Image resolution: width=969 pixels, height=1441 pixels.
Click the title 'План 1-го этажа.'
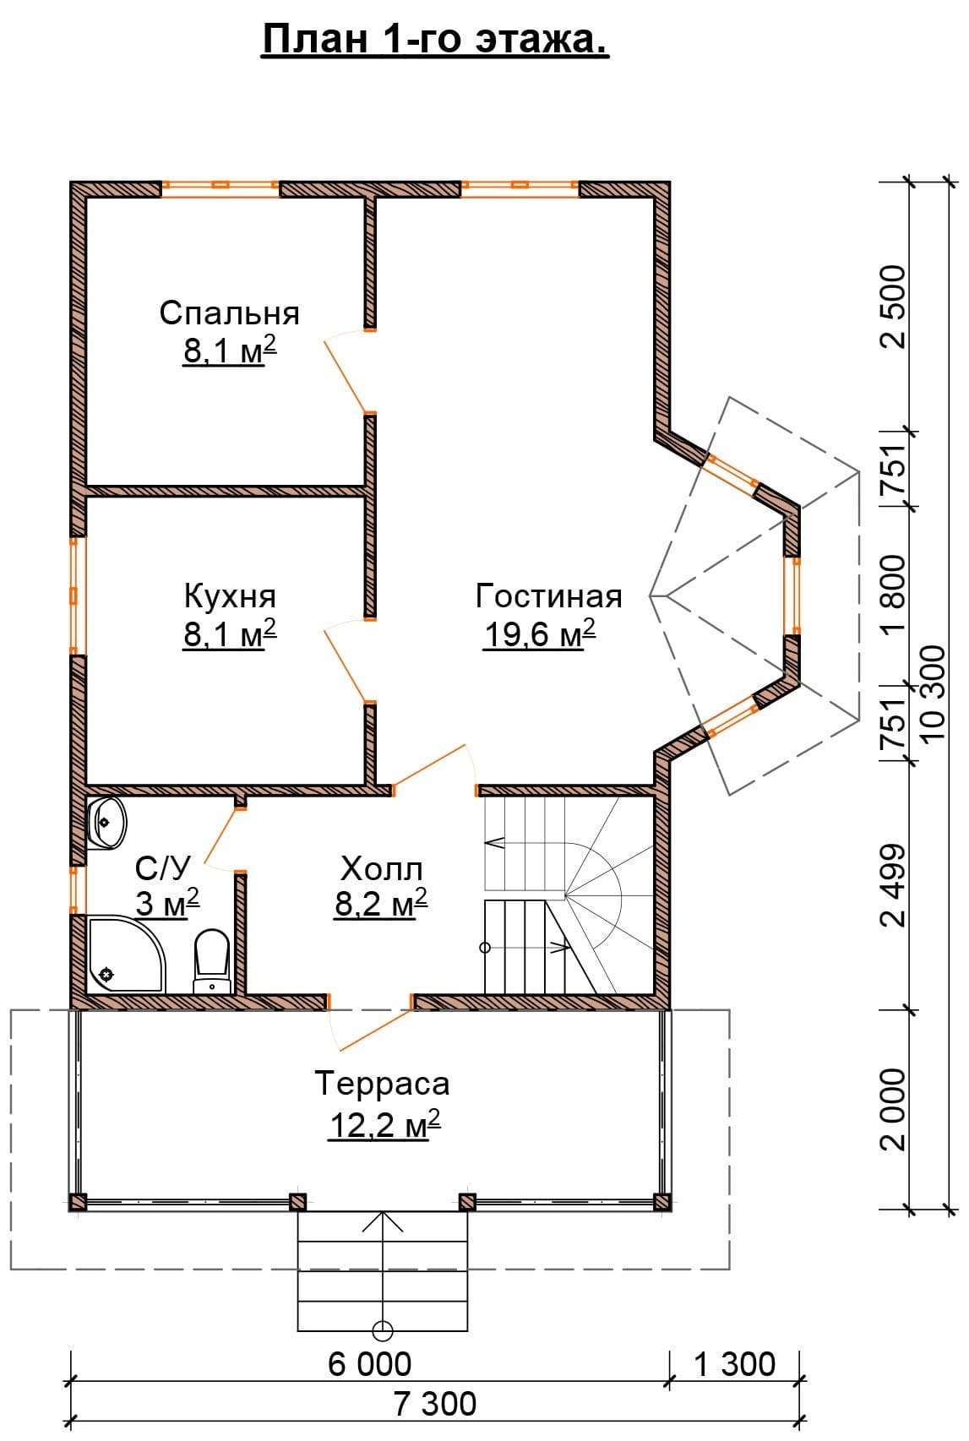click(x=435, y=40)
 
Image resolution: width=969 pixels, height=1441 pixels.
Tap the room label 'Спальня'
click(x=230, y=313)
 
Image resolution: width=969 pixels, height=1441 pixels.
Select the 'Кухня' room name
click(x=230, y=596)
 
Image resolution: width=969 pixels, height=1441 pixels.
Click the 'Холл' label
click(x=382, y=868)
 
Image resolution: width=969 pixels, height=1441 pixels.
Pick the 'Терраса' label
click(x=382, y=1084)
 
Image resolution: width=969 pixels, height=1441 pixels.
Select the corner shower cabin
click(x=126, y=954)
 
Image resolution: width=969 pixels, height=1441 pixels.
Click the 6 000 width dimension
click(x=370, y=1364)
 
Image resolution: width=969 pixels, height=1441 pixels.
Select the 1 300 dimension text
click(x=735, y=1364)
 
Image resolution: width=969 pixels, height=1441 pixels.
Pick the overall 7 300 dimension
click(x=435, y=1404)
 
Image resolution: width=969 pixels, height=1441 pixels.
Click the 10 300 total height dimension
click(x=934, y=692)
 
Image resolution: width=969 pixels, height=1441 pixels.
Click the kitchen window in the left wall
click(x=74, y=595)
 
